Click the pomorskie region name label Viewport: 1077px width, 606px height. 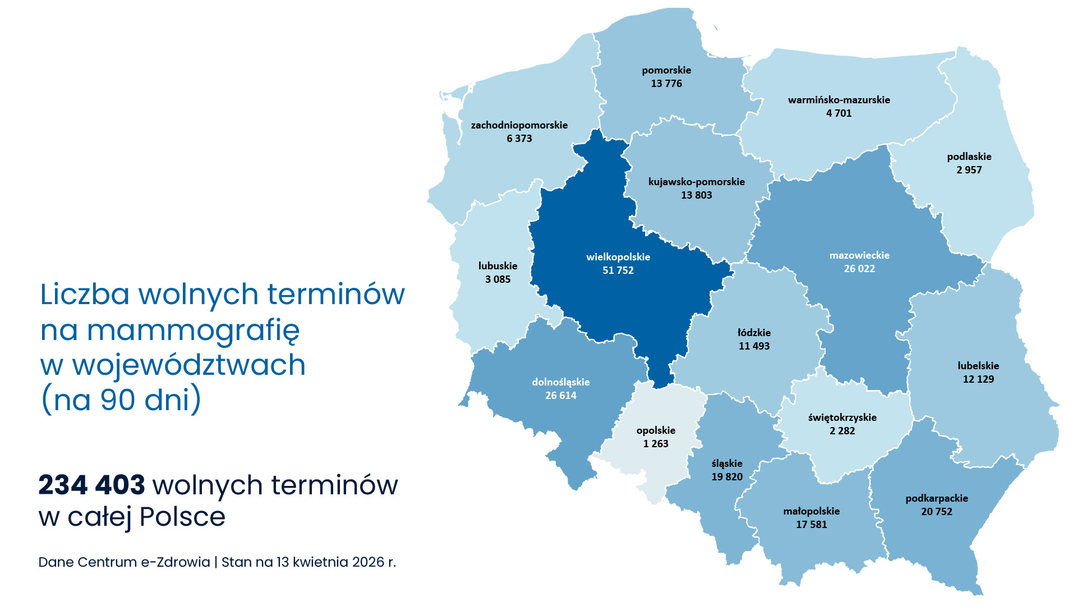click(x=666, y=70)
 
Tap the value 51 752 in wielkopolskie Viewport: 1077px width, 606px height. click(x=618, y=270)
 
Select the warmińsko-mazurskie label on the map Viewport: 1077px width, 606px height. click(x=839, y=100)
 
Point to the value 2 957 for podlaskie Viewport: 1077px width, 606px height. click(x=969, y=170)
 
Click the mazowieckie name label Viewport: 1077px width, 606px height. click(x=859, y=255)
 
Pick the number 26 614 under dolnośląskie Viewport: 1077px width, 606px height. click(x=560, y=396)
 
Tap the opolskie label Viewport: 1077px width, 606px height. click(x=656, y=430)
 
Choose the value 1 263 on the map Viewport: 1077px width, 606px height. click(x=656, y=444)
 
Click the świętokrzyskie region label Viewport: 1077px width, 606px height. click(x=842, y=417)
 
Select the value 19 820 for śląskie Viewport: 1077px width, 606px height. click(x=727, y=477)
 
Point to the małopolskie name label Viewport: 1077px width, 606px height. click(x=811, y=511)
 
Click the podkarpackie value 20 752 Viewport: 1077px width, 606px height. click(x=937, y=512)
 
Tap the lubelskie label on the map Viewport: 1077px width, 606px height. click(x=978, y=366)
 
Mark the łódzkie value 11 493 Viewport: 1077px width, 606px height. click(x=754, y=346)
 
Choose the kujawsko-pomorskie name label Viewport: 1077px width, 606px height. click(x=696, y=182)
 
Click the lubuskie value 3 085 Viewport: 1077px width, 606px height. click(x=498, y=279)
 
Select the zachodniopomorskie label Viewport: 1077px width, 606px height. click(x=519, y=125)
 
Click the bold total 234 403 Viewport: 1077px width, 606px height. click(x=91, y=485)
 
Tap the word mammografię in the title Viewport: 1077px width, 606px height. click(x=194, y=331)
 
